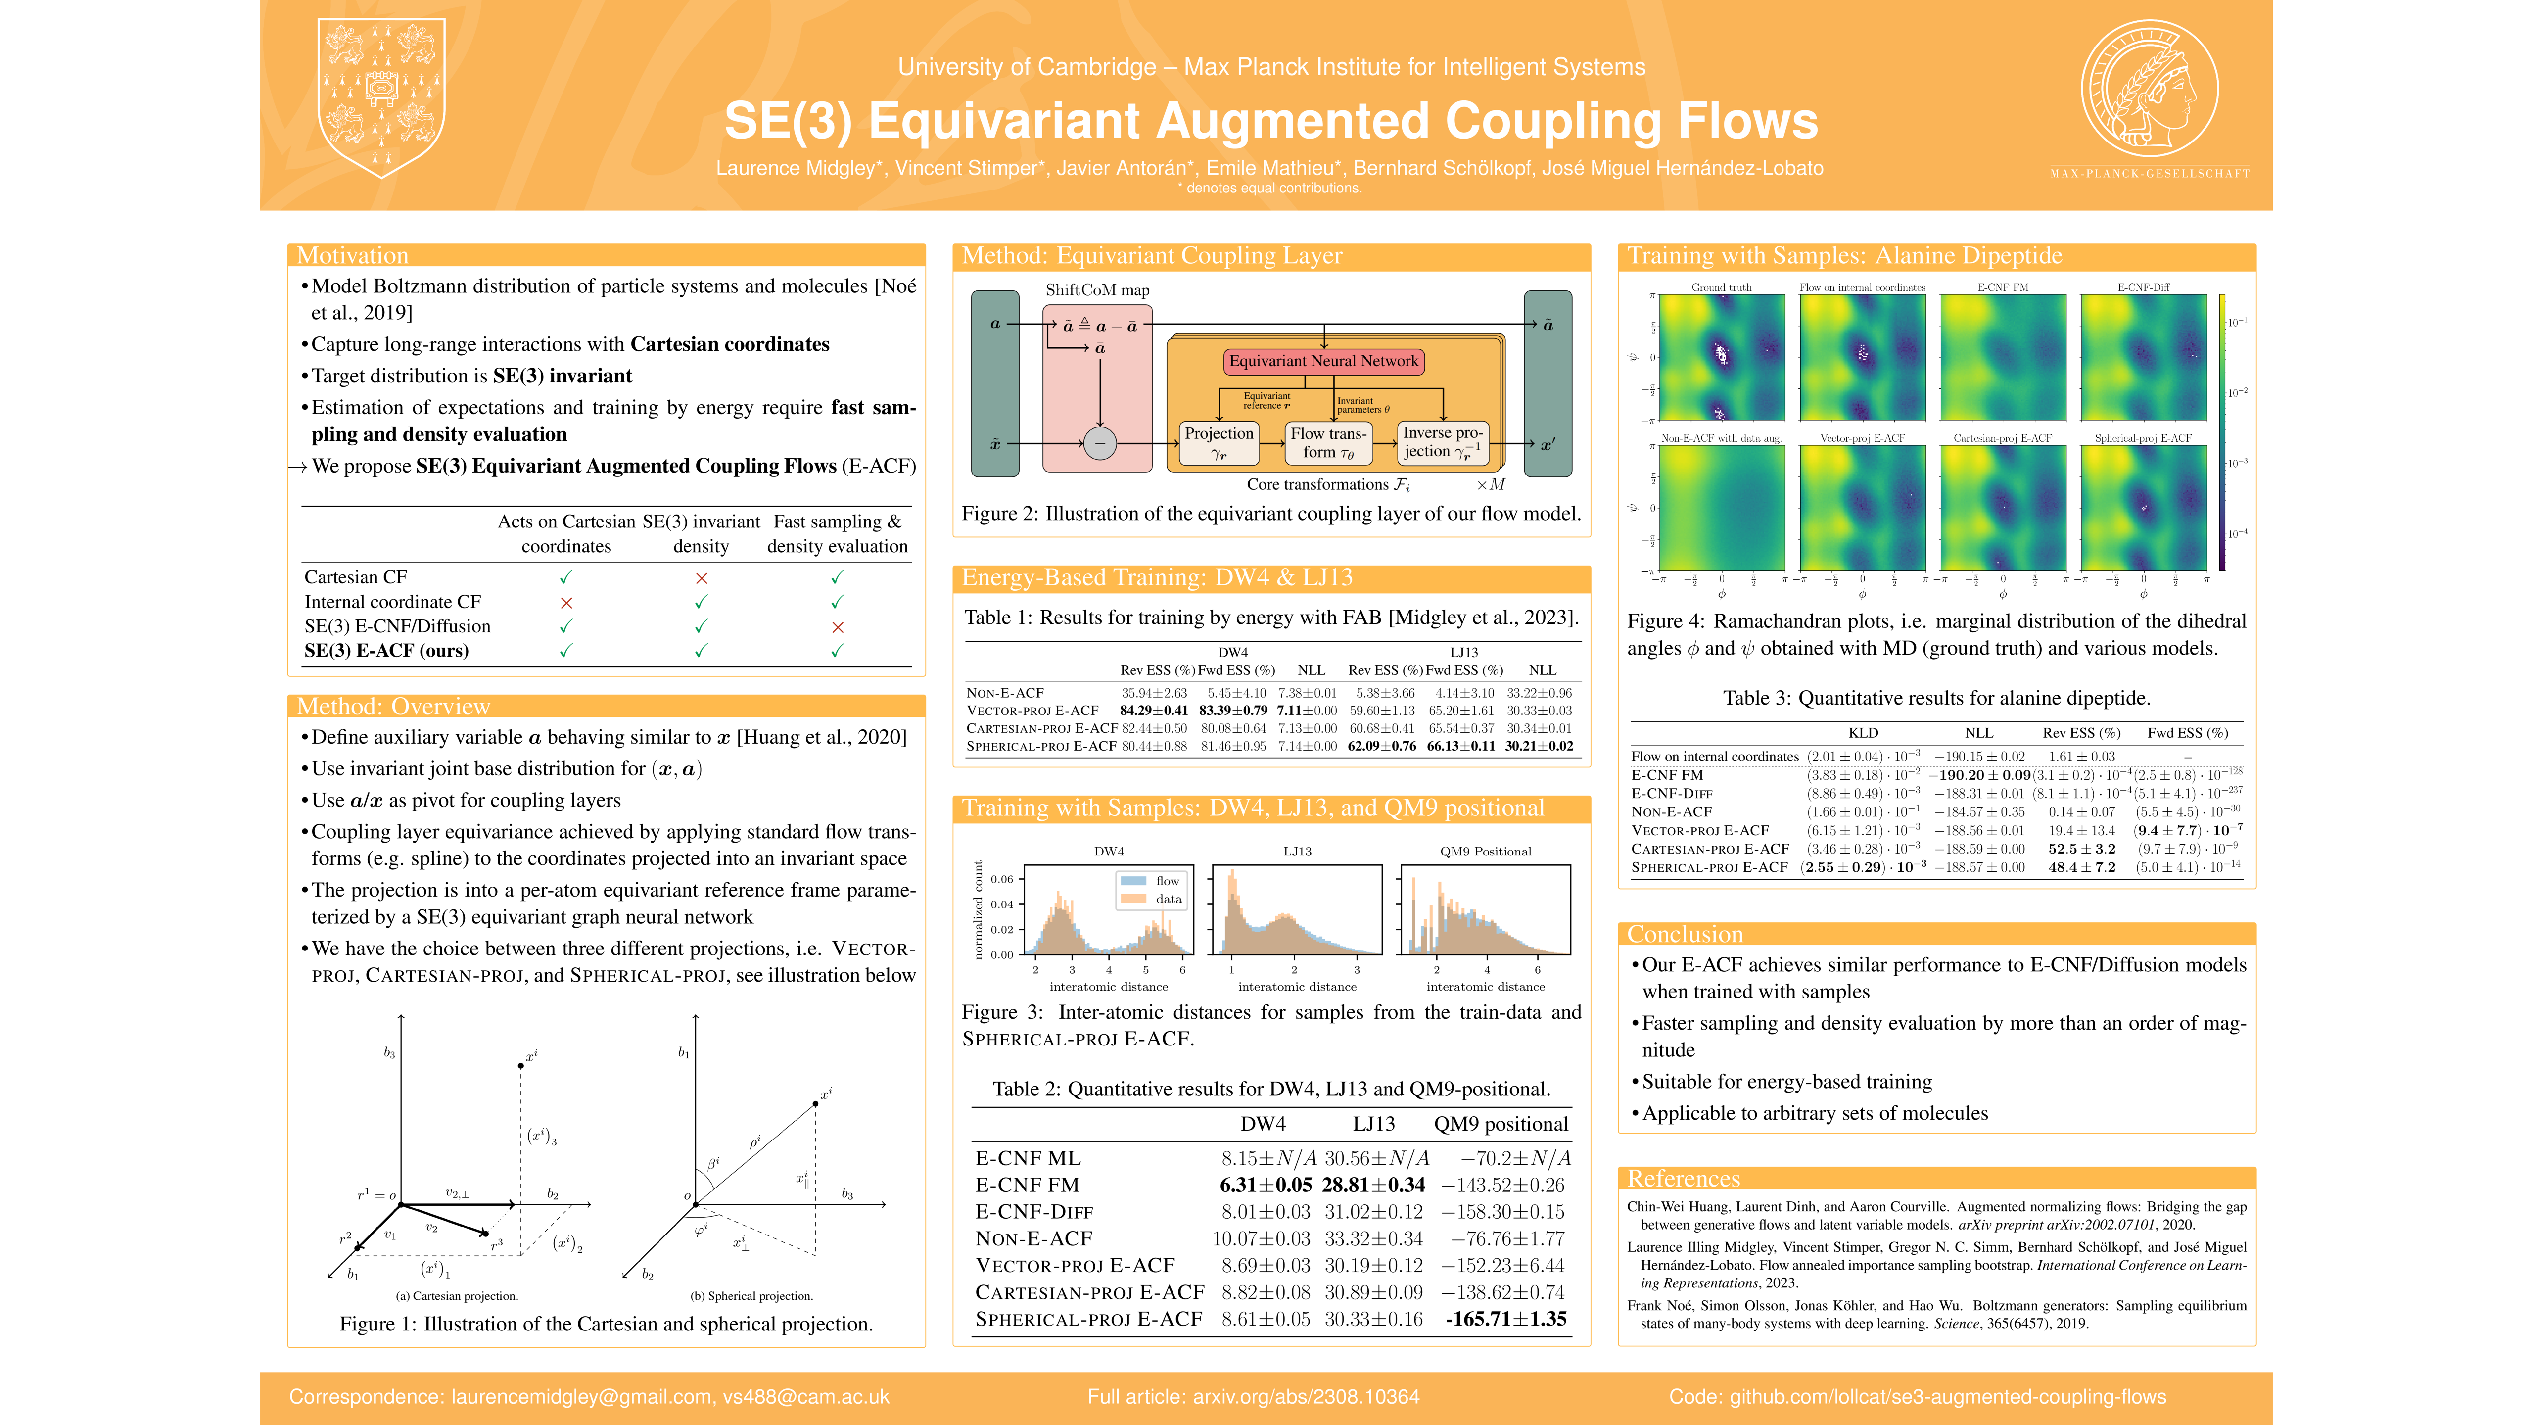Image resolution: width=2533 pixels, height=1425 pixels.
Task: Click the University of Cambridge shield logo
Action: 381,98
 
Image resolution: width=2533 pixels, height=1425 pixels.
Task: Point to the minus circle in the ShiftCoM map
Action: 1099,443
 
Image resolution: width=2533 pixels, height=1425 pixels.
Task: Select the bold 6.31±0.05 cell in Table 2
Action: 1266,1185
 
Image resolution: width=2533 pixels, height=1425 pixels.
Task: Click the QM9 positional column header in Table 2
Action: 1501,1124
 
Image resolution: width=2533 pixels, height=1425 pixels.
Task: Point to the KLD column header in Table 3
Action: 1862,733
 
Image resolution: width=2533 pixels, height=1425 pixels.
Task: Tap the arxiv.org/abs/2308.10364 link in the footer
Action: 1306,1396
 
